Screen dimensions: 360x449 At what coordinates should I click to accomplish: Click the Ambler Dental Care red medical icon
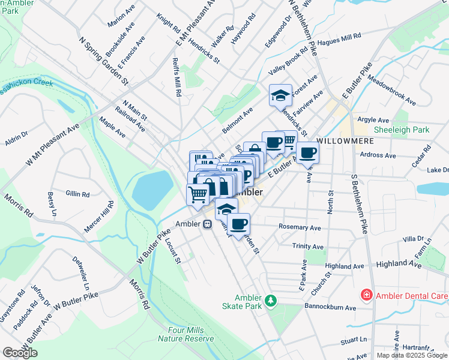point(366,295)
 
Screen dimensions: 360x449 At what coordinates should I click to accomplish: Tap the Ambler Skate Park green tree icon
point(271,299)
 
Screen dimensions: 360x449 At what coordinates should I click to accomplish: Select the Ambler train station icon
point(206,224)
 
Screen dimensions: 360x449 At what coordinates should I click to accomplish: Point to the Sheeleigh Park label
point(402,130)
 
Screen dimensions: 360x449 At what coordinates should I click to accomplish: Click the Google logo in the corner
point(20,353)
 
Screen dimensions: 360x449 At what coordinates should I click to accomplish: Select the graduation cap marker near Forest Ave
point(280,95)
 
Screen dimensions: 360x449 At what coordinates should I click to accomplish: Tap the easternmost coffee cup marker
point(307,152)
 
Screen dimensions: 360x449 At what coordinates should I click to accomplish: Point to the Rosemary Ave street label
point(300,227)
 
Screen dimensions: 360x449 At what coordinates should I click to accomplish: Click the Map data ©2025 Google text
point(412,355)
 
